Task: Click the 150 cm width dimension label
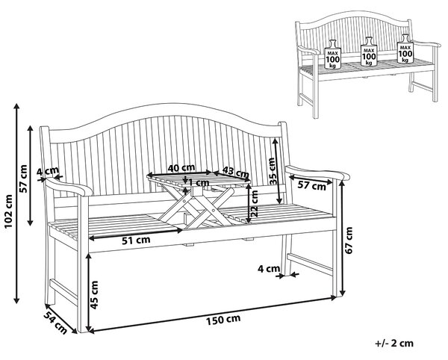tap(223, 320)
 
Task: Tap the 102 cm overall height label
tap(9, 211)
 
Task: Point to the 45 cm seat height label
tap(94, 295)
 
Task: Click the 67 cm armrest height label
tap(349, 240)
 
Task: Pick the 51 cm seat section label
tap(136, 240)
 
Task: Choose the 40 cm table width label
tap(181, 168)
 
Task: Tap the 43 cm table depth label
tap(235, 172)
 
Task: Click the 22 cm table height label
tap(254, 203)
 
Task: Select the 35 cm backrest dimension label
tap(273, 171)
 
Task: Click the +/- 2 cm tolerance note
tap(394, 343)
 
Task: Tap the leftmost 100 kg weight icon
tap(333, 54)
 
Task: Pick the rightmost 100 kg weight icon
tap(405, 49)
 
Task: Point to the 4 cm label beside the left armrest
tap(48, 172)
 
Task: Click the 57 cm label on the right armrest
tap(311, 186)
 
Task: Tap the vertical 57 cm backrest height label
tap(23, 179)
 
